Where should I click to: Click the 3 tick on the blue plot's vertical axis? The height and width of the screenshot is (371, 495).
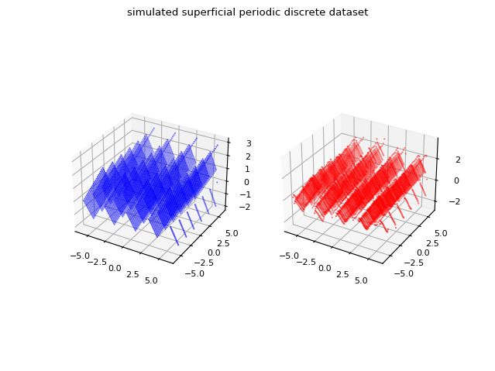[x=242, y=143]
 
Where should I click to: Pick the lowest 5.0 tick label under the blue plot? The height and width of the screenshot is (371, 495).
[x=152, y=280]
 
